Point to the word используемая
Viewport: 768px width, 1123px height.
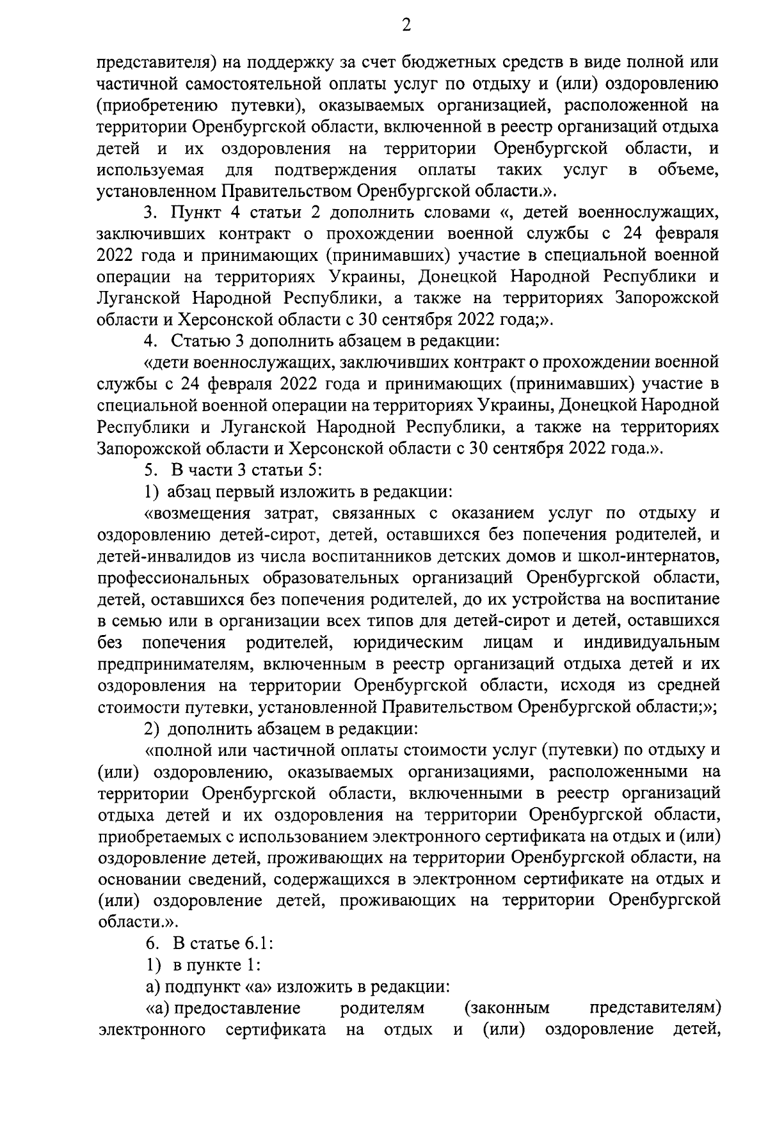tap(150, 170)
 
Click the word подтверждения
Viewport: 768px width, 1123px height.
tap(335, 170)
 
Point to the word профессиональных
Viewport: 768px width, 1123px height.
tap(173, 578)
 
